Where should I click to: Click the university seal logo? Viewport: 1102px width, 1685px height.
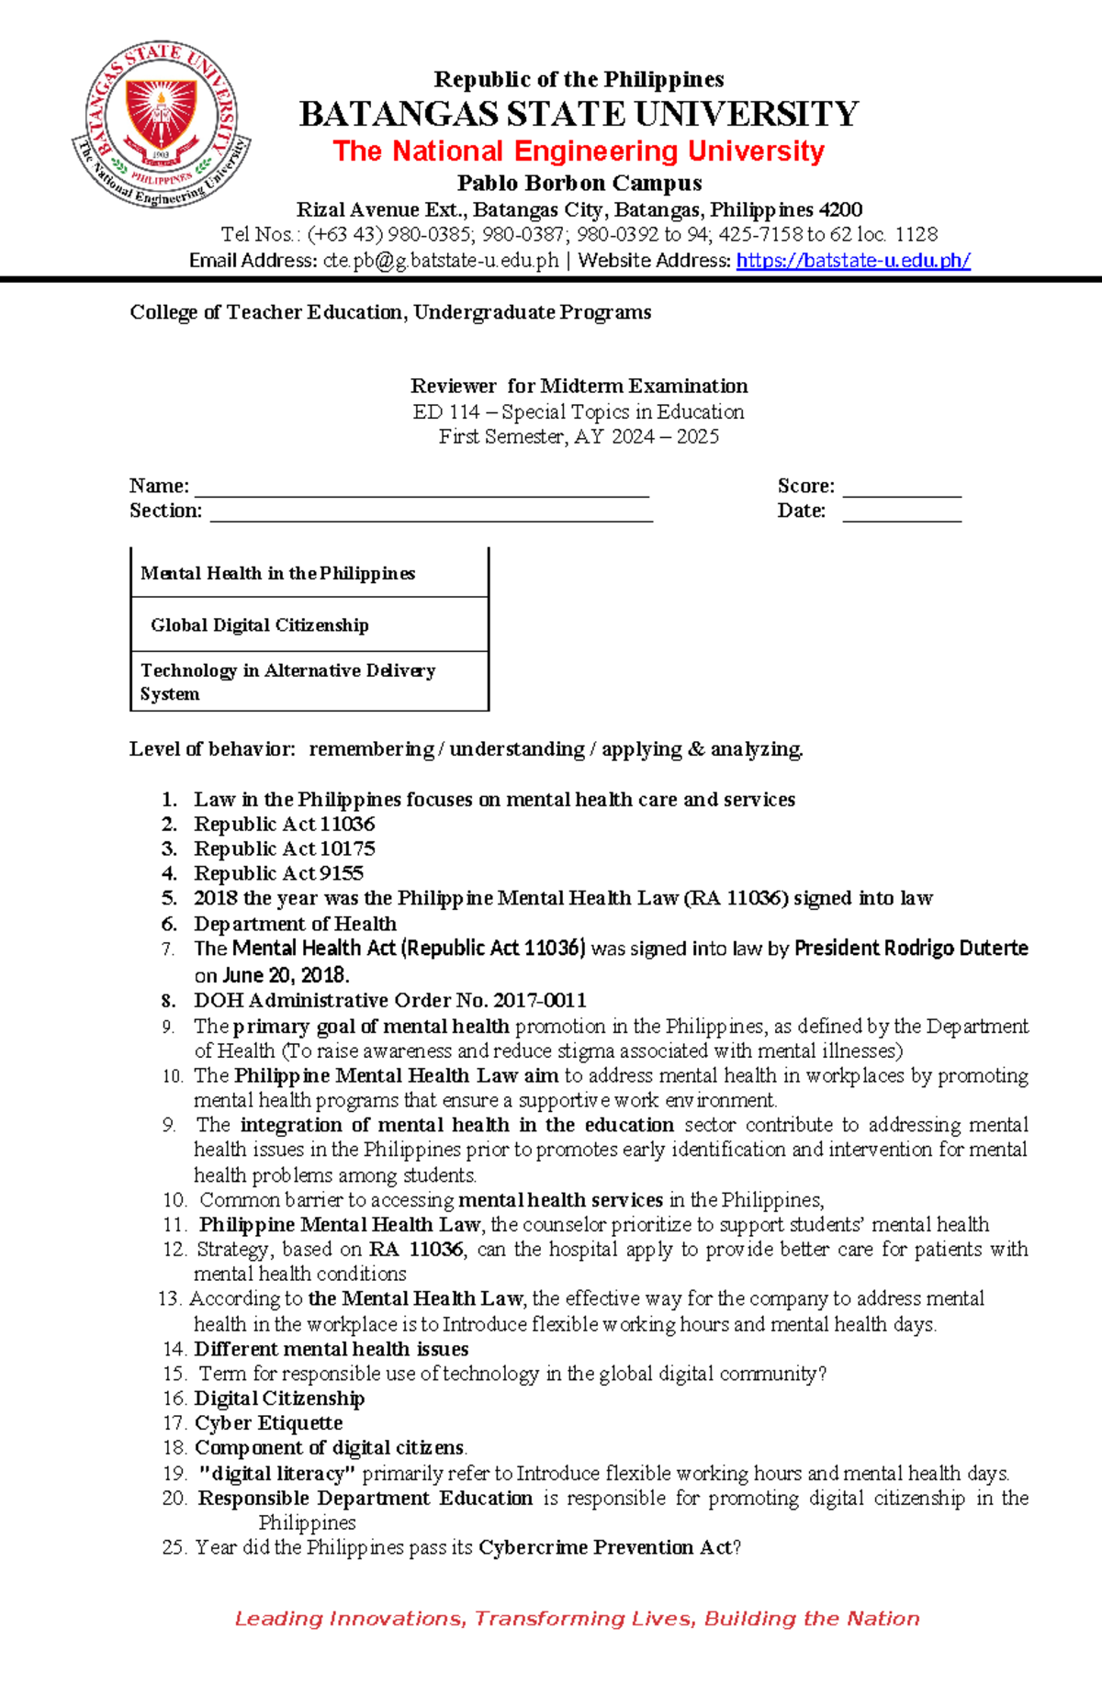click(x=162, y=124)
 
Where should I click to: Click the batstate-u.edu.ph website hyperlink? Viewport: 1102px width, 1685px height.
click(x=853, y=261)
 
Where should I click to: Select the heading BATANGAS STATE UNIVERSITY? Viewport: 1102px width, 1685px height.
click(x=579, y=115)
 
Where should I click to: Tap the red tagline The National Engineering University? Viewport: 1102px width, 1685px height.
click(x=579, y=151)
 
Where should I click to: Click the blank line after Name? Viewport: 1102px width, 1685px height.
click(x=422, y=489)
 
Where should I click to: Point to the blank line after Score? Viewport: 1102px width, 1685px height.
click(x=902, y=489)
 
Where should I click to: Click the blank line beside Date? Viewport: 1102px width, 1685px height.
click(x=902, y=513)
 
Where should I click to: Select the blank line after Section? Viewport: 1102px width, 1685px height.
click(x=431, y=513)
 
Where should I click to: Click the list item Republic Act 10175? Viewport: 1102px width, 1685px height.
click(x=284, y=848)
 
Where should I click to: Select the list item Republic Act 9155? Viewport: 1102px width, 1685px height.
click(x=278, y=873)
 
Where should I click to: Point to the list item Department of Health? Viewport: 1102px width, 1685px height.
click(x=295, y=924)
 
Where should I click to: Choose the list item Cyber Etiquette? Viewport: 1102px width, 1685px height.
click(x=268, y=1423)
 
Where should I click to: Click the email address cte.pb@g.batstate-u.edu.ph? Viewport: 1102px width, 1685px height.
click(x=441, y=261)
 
